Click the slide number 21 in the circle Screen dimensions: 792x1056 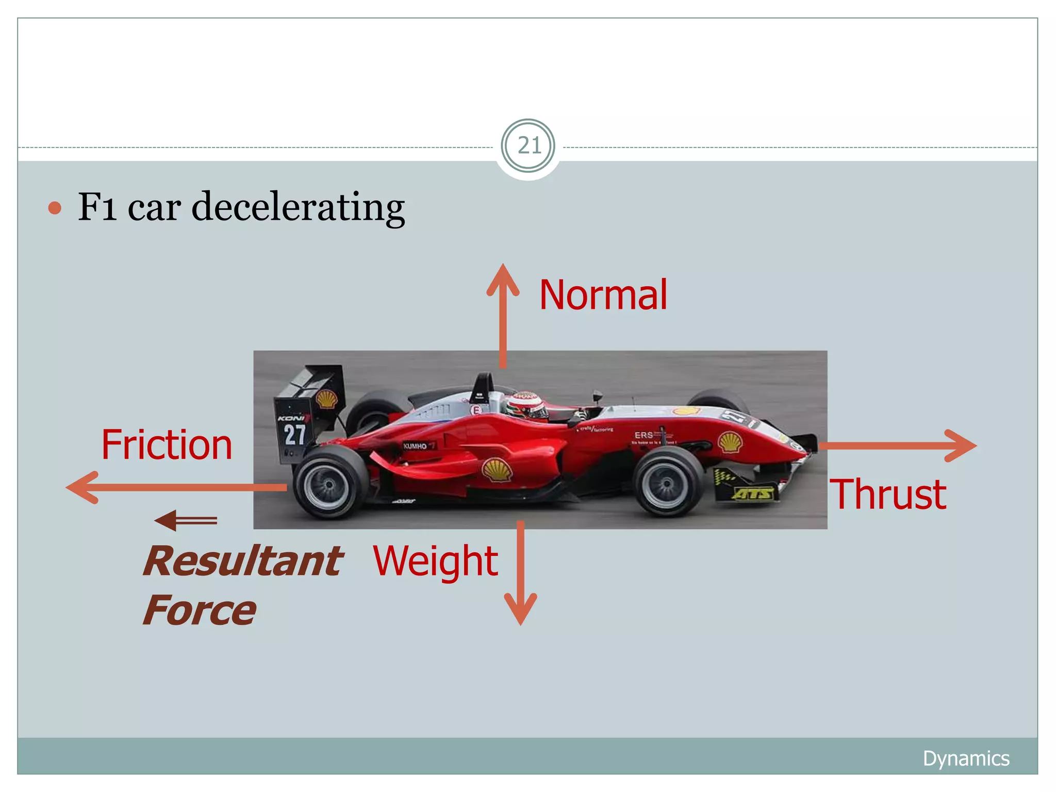[528, 146]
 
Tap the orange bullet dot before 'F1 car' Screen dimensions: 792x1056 [55, 208]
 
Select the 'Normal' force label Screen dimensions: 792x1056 [603, 295]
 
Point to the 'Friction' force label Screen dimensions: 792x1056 [167, 444]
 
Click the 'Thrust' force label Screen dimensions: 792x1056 [887, 494]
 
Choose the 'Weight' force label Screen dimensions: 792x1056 [435, 561]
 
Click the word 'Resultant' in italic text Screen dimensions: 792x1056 [242, 561]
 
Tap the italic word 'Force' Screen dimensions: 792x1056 [199, 610]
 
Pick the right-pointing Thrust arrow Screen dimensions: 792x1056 [897, 445]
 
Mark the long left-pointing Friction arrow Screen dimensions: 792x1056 [175, 487]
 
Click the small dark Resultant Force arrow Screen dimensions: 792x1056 [186, 520]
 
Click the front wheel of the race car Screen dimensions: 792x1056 [668, 483]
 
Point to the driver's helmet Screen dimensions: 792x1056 [526, 405]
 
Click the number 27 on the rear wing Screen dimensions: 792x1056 [295, 434]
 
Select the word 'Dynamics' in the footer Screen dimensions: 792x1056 [966, 758]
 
